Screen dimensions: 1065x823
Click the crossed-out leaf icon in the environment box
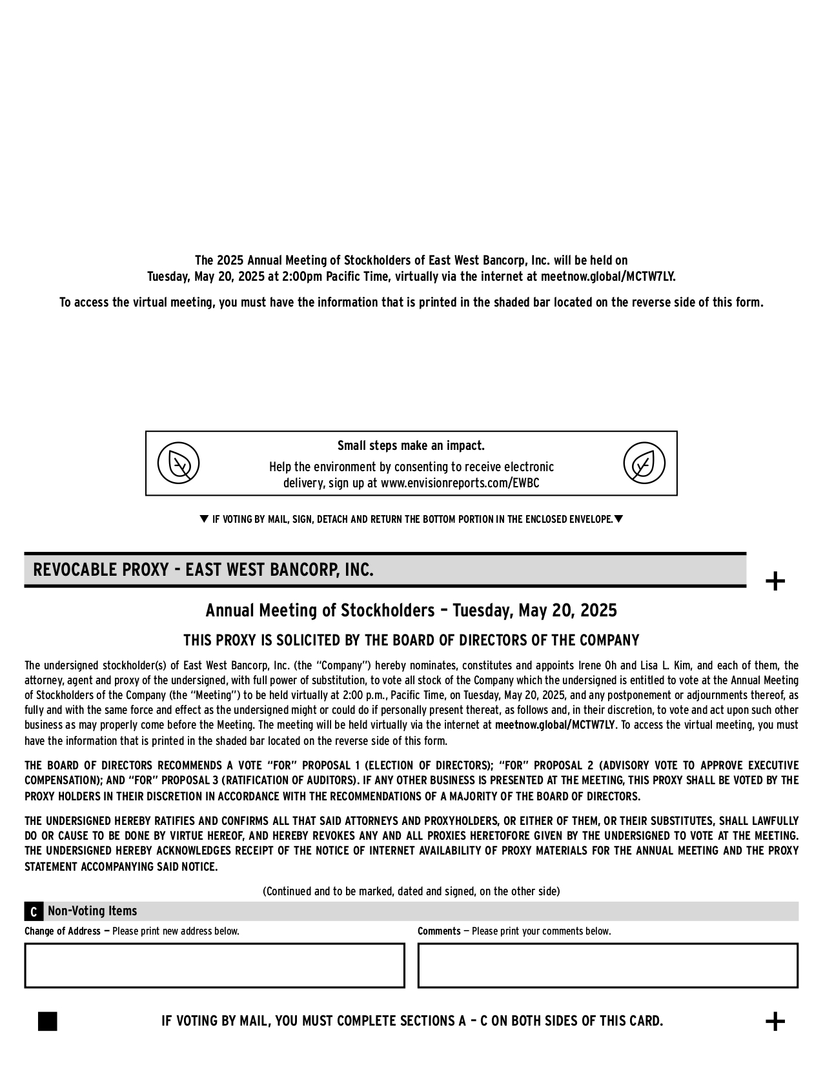pos(179,463)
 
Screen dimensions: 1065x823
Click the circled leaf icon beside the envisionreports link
pos(644,463)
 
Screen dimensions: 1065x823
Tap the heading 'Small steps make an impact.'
pos(411,446)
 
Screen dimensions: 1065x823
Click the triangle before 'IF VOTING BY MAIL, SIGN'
pos(204,519)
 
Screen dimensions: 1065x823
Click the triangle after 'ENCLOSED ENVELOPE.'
pos(618,519)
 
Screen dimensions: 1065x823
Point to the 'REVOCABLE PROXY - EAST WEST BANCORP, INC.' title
pos(203,570)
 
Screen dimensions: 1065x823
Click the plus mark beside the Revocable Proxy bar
pos(775,582)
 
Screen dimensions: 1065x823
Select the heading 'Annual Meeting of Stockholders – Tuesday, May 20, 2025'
pos(411,611)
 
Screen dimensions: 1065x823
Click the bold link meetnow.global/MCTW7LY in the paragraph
pos(555,725)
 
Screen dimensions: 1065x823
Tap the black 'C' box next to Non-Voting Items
pos(34,912)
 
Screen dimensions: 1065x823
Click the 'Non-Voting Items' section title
pos(92,911)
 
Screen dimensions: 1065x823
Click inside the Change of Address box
pos(214,966)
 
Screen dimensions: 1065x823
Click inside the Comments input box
pos(607,966)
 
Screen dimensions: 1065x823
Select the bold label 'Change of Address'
pos(63,931)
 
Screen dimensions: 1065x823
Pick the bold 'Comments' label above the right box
pos(439,931)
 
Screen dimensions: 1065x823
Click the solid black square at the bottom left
pos(48,1022)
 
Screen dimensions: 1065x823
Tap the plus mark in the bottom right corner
pos(775,1022)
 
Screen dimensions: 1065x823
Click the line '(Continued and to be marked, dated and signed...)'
pos(411,891)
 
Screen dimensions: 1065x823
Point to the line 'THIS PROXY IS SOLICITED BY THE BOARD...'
pos(411,641)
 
